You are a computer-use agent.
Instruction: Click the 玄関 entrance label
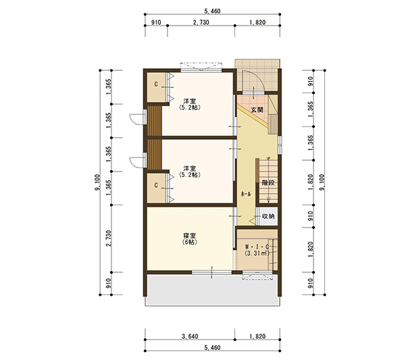click(257, 110)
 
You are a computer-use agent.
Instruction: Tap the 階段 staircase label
click(268, 183)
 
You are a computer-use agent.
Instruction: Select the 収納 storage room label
click(268, 216)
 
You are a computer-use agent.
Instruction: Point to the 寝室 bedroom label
click(190, 236)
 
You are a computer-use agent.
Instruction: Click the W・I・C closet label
click(257, 247)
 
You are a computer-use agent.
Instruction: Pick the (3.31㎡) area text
click(257, 253)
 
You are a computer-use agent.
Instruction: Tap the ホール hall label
click(246, 194)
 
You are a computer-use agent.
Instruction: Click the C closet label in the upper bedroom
click(156, 84)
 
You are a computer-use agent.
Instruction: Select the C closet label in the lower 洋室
click(156, 185)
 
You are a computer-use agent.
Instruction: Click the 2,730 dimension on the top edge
click(201, 22)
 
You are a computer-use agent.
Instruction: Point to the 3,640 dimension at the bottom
click(190, 336)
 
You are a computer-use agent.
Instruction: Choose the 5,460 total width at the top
click(212, 11)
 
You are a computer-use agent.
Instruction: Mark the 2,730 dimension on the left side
click(109, 238)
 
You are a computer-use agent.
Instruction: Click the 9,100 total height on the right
click(322, 182)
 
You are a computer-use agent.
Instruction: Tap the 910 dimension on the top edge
click(156, 22)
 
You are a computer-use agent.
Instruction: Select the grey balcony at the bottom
click(212, 290)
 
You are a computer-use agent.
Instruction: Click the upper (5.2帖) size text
click(190, 107)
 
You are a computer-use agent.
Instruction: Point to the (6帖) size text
click(190, 242)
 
